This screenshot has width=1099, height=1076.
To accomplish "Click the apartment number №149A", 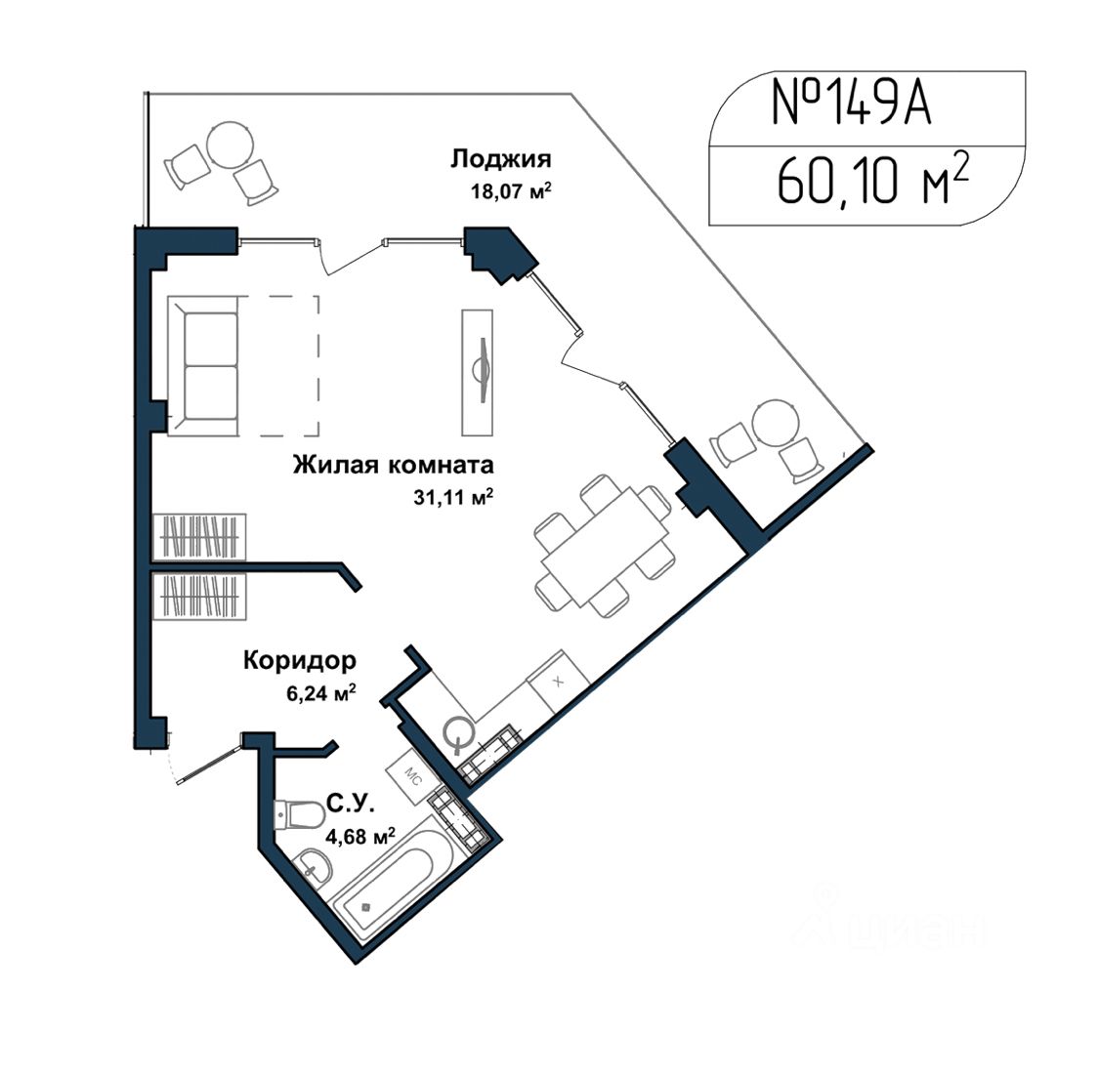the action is coord(851,103).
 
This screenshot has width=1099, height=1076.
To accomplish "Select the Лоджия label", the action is coord(500,160).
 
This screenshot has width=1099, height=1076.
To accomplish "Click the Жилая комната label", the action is coord(394,465).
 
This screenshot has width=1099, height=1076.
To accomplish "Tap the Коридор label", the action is coord(300,661).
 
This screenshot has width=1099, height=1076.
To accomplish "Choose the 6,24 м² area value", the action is coord(320,693).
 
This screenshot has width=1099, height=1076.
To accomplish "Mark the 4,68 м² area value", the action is coord(360,836).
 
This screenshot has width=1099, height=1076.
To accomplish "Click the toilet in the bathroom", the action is coord(300,815).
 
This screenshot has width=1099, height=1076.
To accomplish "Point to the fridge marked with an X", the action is coord(558,682).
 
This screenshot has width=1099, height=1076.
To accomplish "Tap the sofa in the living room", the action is coord(203,365).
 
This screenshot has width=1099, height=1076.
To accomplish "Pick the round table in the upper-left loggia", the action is coord(230,145).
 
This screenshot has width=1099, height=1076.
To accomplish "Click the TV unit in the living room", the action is coord(478,372).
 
